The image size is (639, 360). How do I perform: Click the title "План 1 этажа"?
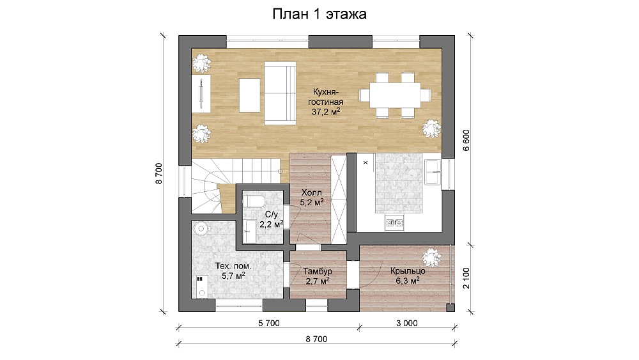click(x=319, y=14)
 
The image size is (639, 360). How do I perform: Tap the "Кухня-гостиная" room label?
click(x=326, y=97)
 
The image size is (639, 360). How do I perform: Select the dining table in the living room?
click(x=395, y=95)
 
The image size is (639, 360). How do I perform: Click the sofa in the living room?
click(x=280, y=93)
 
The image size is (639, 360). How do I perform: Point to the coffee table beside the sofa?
click(x=249, y=95)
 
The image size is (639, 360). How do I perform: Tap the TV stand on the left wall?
click(x=201, y=93)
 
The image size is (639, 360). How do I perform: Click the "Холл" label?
click(x=312, y=192)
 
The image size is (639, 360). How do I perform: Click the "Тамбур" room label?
click(x=318, y=271)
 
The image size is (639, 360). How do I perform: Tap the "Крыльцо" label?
click(x=408, y=270)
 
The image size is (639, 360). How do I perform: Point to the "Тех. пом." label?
click(x=233, y=266)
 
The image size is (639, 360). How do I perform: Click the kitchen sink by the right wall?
click(x=432, y=173)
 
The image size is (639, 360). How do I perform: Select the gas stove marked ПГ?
click(x=394, y=223)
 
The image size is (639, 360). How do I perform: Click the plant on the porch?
click(x=431, y=257)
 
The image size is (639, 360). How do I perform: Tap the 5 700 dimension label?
click(x=269, y=324)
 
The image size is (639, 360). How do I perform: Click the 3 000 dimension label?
click(x=406, y=324)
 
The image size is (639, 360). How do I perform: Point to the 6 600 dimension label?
click(x=466, y=140)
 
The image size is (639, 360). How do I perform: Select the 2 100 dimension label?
click(x=466, y=278)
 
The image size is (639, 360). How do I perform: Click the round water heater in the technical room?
click(x=201, y=228)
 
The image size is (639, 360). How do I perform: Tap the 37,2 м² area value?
click(x=326, y=111)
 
